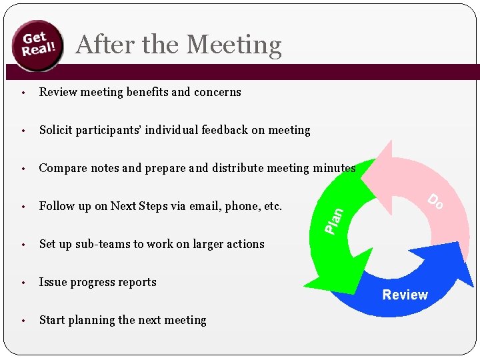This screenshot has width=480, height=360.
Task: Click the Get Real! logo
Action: (39, 45)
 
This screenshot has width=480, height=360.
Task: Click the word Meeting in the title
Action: (234, 45)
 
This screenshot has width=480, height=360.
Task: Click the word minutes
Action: (334, 168)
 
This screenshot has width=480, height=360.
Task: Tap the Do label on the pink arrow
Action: (435, 201)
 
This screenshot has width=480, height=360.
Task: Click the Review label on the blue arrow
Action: (405, 295)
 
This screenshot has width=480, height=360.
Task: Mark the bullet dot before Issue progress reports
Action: (23, 283)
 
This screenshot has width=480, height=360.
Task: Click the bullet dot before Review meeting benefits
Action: (23, 93)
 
